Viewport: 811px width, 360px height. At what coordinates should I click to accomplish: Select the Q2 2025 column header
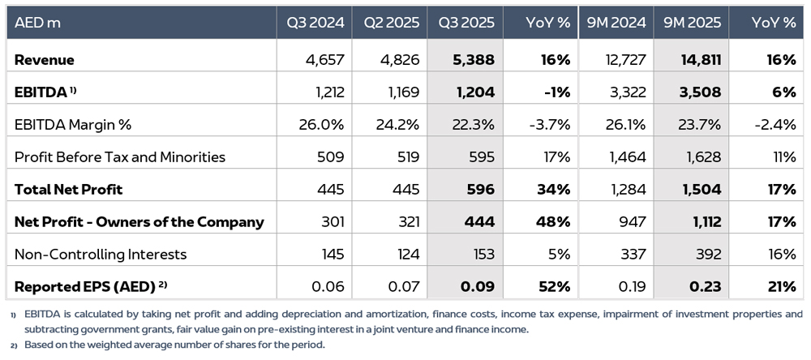[391, 23]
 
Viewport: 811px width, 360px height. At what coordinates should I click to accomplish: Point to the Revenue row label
[45, 60]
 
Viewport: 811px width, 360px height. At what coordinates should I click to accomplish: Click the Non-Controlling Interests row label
[101, 254]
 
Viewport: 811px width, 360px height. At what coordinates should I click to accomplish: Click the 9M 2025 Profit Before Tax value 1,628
[703, 156]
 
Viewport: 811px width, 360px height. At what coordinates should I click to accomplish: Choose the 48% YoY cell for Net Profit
[555, 221]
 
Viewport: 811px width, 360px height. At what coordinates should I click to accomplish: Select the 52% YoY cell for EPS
[555, 286]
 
